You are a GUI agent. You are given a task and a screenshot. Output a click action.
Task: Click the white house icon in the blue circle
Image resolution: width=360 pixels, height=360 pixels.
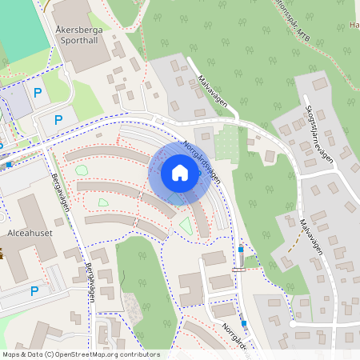179,172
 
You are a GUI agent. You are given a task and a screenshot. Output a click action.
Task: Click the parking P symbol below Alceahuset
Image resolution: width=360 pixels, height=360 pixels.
34,291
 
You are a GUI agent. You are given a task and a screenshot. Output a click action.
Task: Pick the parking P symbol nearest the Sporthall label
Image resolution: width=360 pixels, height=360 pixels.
38,92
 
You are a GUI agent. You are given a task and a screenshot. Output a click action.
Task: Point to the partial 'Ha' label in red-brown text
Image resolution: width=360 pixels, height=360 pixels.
354,25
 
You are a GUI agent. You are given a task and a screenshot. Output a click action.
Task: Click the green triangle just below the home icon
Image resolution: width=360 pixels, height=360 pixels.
186,226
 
